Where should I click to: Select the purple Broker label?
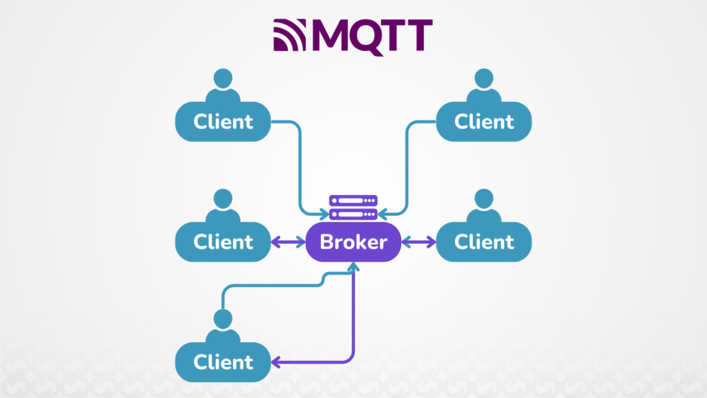click(x=353, y=242)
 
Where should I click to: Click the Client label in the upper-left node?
click(x=223, y=122)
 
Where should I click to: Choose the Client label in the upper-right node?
click(x=484, y=122)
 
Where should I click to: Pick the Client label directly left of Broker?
click(x=223, y=242)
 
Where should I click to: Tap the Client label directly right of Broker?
click(x=484, y=242)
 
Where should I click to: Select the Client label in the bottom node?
click(x=223, y=362)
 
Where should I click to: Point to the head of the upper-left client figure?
click(x=222, y=79)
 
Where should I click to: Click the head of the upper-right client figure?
click(x=483, y=79)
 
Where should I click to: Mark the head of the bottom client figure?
click(x=222, y=319)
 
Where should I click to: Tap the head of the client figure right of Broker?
click(x=483, y=199)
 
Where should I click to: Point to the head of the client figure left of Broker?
click(x=222, y=199)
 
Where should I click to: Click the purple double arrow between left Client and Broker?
click(x=288, y=242)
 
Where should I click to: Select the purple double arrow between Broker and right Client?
click(x=419, y=242)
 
